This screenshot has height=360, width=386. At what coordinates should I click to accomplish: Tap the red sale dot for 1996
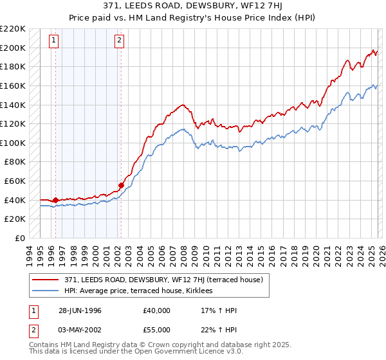[x=55, y=200]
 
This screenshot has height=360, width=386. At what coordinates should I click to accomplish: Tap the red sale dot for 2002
[x=121, y=185]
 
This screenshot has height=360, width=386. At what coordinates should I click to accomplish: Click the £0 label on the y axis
[x=21, y=238]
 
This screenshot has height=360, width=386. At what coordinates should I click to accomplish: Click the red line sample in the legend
[x=46, y=280]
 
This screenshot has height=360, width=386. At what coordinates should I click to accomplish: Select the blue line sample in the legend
[x=46, y=291]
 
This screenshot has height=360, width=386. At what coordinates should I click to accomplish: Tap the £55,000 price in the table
[x=157, y=330]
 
